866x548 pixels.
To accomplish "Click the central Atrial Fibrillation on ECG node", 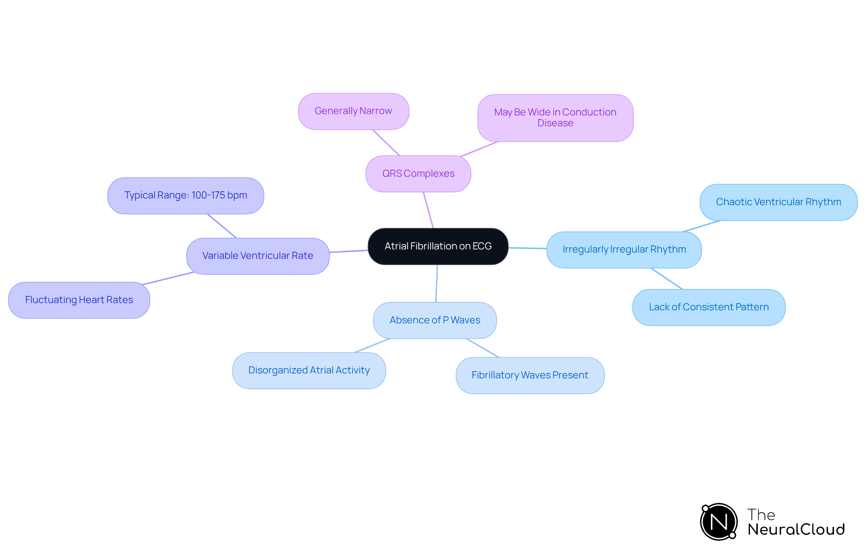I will coord(438,246).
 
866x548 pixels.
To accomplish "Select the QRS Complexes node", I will coord(418,174).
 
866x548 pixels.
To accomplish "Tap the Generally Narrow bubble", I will coord(353,111).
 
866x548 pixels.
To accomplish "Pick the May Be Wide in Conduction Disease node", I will coord(555,118).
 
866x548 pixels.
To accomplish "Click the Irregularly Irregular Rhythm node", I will coord(624,249).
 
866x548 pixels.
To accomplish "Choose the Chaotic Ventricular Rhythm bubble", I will coord(778,202).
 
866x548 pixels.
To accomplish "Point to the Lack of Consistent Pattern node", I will coord(709,307).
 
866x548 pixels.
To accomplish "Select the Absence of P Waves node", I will coord(435,320).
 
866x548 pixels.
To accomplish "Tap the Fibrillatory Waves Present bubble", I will coord(530,375).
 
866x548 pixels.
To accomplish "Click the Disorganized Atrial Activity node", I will coord(309,370).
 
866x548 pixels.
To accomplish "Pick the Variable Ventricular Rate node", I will coord(258,256).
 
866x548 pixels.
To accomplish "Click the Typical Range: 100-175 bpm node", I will coord(185,195).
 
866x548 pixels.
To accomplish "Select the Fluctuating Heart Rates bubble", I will coord(79,300).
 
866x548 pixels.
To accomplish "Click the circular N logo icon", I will coord(719,522).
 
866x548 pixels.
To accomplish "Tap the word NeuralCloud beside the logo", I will coord(796,529).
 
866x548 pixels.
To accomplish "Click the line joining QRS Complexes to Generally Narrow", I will coord(386,143).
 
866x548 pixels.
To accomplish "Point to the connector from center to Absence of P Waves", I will coord(437,283).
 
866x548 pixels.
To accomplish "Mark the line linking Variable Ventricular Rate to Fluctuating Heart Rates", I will coord(168,278).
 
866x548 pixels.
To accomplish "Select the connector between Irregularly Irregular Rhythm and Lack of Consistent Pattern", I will coord(667,279).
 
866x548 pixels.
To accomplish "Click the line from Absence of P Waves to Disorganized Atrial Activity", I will coord(372,345).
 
